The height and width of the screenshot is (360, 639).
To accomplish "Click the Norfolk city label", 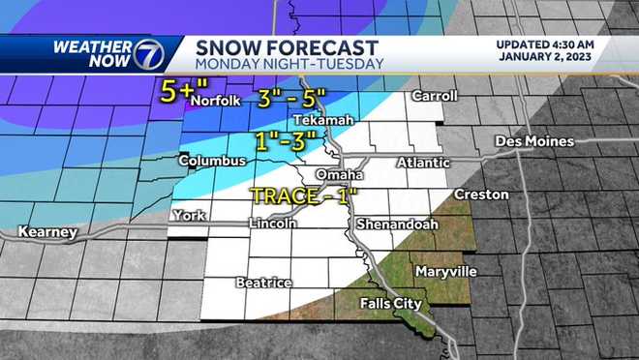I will point(214,101).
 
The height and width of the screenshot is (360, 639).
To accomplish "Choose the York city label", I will point(188,215).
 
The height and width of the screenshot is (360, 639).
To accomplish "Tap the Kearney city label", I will point(47,233).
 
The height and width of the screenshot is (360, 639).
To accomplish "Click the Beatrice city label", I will point(263,283).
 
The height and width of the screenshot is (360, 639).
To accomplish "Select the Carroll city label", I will point(434,97).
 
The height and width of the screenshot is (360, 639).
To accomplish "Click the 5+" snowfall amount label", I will point(175,93).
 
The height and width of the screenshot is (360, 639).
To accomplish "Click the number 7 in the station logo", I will point(148,54).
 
